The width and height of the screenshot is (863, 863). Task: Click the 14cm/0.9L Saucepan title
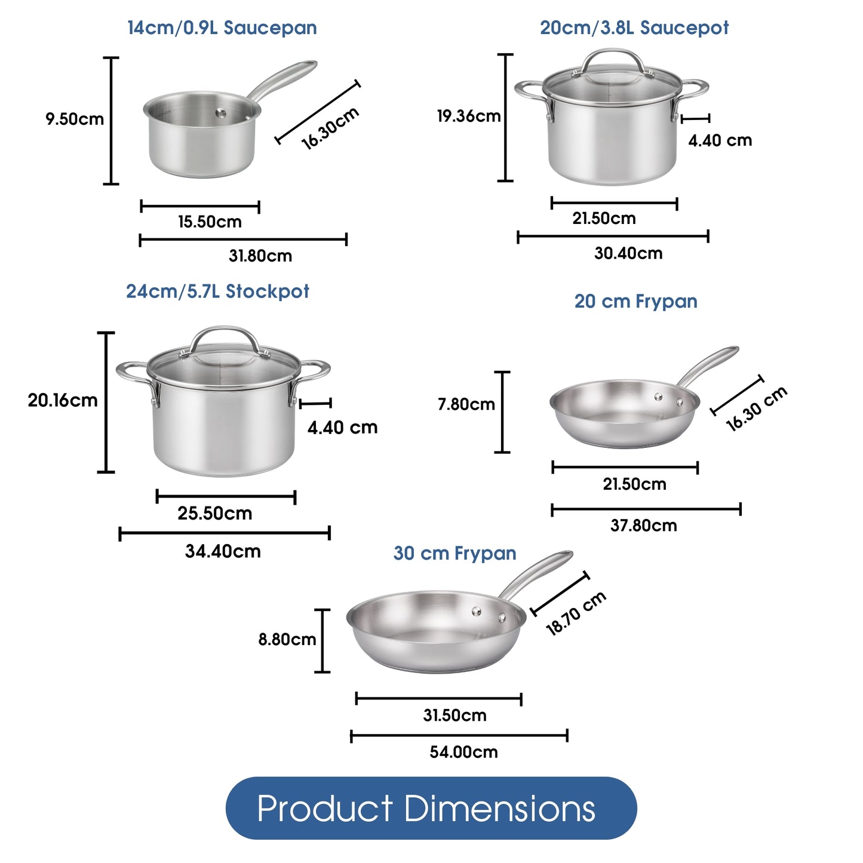[x=222, y=28]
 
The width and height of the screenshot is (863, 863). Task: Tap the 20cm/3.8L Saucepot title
[x=634, y=28]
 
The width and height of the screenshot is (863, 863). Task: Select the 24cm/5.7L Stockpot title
[x=217, y=291]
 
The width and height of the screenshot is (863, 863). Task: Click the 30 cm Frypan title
[x=454, y=553]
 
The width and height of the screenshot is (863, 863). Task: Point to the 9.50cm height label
[x=75, y=119]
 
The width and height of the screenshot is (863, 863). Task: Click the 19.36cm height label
[x=468, y=116]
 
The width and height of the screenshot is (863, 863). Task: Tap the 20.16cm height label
[x=63, y=400]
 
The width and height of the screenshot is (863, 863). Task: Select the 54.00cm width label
[x=463, y=752]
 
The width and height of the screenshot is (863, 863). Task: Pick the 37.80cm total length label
[x=643, y=526]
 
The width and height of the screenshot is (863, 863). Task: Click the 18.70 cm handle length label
[x=576, y=613]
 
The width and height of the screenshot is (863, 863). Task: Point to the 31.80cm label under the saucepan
[x=260, y=256]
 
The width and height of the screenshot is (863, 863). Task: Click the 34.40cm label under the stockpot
[x=223, y=551]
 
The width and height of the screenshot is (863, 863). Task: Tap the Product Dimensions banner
[x=431, y=808]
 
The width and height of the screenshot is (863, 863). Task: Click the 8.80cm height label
[x=287, y=640]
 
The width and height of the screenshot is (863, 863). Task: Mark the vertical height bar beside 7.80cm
[x=503, y=412]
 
